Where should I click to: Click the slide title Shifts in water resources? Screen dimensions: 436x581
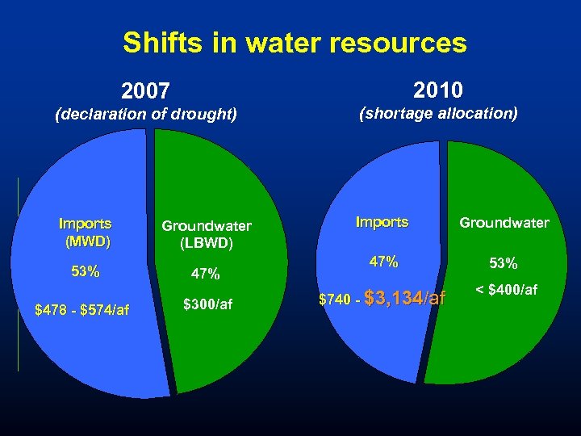(295, 43)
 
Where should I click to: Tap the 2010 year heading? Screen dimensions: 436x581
(438, 88)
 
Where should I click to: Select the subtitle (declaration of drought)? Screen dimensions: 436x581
(146, 114)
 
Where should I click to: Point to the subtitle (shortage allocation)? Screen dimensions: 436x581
(438, 114)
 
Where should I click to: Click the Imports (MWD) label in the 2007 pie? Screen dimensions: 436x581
(86, 232)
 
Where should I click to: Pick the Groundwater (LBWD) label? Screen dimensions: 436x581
(207, 234)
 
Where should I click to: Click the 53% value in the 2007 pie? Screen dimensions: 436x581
(86, 271)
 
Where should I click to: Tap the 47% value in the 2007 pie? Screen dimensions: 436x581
(206, 275)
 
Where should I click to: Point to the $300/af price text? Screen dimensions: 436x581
(207, 304)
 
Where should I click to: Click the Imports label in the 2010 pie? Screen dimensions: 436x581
(382, 222)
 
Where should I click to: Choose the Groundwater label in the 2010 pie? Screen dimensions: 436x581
(504, 223)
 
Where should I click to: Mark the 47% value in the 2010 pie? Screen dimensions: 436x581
(383, 262)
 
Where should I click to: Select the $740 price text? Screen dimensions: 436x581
(335, 300)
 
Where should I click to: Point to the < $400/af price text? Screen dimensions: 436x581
(506, 290)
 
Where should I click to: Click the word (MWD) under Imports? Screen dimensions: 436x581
(87, 241)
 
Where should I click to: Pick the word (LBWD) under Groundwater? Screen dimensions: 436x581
(207, 243)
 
